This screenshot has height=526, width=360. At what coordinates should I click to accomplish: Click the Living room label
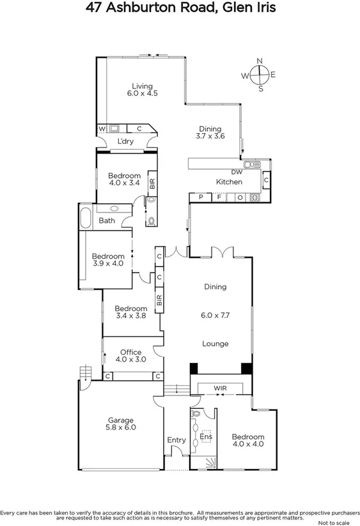(143, 86)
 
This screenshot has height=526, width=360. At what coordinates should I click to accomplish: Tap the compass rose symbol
(260, 75)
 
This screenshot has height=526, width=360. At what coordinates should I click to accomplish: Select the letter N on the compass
(260, 61)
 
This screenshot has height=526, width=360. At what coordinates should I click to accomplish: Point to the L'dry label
(125, 142)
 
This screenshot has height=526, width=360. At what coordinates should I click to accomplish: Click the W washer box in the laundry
(101, 128)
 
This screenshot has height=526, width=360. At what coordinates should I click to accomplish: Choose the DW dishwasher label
(237, 172)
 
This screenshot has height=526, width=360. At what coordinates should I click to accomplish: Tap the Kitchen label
(229, 182)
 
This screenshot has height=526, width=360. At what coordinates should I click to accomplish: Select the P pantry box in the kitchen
(201, 197)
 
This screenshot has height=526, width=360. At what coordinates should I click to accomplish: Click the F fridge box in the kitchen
(219, 197)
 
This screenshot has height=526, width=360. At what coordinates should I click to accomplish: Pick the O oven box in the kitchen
(240, 197)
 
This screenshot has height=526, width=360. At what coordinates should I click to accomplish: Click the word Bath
(107, 221)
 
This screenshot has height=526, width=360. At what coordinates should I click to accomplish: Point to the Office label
(130, 353)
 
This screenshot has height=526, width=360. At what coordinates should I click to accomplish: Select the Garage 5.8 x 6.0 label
(121, 424)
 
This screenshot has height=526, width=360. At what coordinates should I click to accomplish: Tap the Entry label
(176, 440)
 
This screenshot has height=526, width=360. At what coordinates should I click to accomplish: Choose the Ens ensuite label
(205, 438)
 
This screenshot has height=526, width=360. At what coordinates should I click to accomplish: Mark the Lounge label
(215, 344)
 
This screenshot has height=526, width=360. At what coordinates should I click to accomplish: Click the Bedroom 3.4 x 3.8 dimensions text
(131, 315)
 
